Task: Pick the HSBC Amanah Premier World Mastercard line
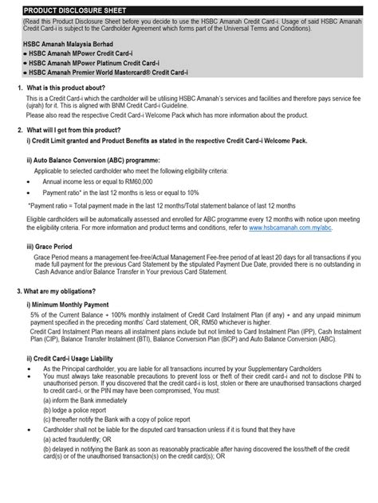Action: point(108,72)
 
